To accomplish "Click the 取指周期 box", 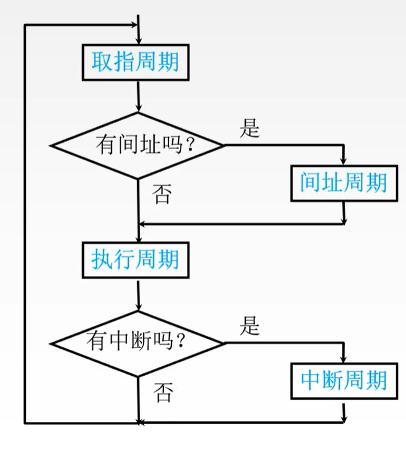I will pos(135,62).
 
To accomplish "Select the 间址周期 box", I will pos(343,183).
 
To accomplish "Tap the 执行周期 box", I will pos(135,260).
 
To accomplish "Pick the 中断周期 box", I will pos(343,380).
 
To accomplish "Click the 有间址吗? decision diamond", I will pos(137,145).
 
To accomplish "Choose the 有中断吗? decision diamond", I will pos(137,343).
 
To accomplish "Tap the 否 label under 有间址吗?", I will pos(162,195).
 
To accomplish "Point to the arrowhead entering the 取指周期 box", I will pos(138,39).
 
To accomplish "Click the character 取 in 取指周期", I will pos(102,62).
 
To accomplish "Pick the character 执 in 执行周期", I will pos(102,260).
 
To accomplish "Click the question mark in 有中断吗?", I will pos(181,344).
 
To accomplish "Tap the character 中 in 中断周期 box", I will pos(310,380).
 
